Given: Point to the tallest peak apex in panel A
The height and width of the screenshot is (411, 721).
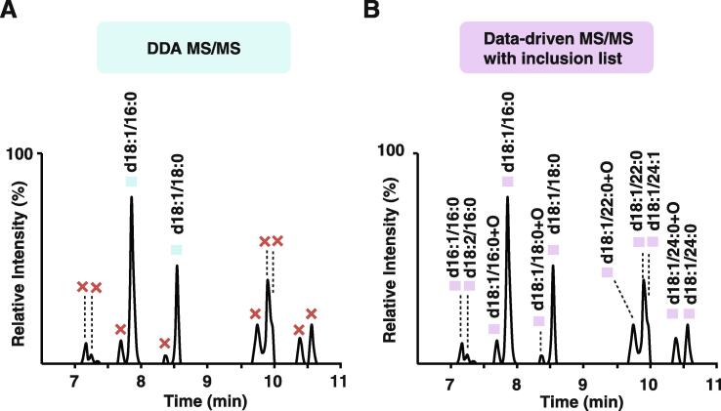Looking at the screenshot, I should coord(132,197).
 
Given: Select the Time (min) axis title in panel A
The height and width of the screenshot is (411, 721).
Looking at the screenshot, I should coord(183,399).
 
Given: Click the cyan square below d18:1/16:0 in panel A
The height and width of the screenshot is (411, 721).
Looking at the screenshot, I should coord(132,182).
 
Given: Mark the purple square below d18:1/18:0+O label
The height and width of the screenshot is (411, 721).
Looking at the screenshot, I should coord(538,321).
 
